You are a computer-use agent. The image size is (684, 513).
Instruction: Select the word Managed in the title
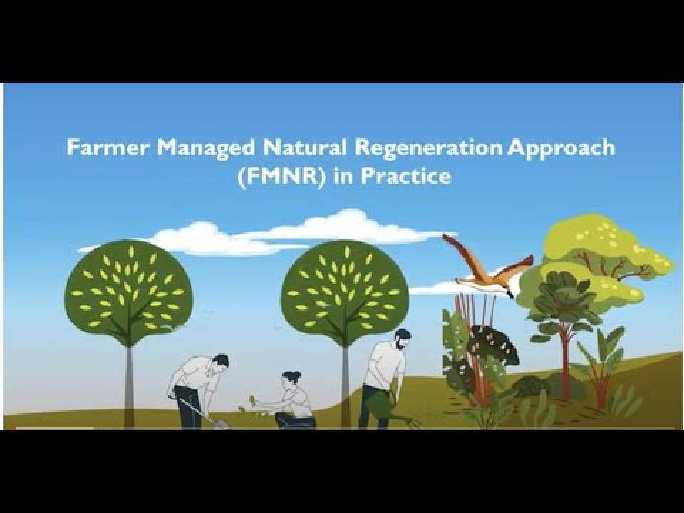point(206,149)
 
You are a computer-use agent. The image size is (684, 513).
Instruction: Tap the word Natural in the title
point(305,147)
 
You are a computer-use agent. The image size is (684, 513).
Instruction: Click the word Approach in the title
point(561,149)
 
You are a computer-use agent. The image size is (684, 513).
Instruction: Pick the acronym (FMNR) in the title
point(282,177)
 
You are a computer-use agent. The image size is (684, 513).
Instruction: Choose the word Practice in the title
point(405,176)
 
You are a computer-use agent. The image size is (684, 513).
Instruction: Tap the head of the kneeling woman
point(291,380)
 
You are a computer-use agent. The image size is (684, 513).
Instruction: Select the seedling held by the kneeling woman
point(252,399)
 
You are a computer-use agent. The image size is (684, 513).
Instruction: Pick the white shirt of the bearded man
point(384,363)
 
